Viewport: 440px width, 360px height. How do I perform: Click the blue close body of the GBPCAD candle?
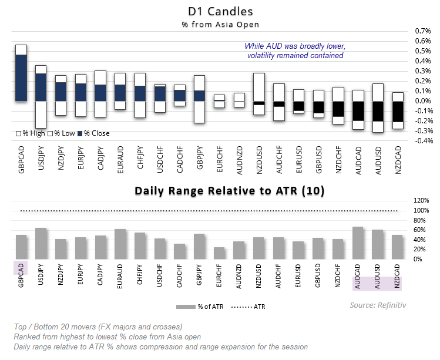pyautogui.click(x=21, y=78)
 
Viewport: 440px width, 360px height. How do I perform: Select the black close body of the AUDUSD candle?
pyautogui.click(x=378, y=111)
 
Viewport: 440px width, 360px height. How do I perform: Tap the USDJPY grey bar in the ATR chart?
pyautogui.click(x=41, y=244)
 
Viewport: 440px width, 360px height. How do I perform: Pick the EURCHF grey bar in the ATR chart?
pyautogui.click(x=219, y=253)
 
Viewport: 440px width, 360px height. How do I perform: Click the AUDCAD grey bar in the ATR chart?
pyautogui.click(x=358, y=243)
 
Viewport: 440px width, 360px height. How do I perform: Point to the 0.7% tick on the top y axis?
pyautogui.click(x=422, y=31)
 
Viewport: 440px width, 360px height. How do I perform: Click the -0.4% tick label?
pyautogui.click(x=422, y=141)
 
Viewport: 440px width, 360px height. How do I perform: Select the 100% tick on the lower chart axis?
pyautogui.click(x=421, y=210)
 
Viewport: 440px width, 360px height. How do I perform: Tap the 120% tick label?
pyautogui.click(x=421, y=200)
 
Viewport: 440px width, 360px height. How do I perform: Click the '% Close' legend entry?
pyautogui.click(x=94, y=133)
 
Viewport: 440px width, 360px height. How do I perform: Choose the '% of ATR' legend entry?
pyautogui.click(x=200, y=307)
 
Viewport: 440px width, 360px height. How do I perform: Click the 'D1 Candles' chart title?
pyautogui.click(x=220, y=12)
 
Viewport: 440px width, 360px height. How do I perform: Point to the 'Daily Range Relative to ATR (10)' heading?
pyautogui.click(x=230, y=191)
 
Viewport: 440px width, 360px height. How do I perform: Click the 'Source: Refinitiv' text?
pyautogui.click(x=378, y=305)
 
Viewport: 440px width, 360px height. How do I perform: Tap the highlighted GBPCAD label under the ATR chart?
pyautogui.click(x=21, y=275)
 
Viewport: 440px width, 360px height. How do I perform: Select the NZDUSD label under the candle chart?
pyautogui.click(x=259, y=160)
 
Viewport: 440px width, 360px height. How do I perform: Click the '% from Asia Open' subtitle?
pyautogui.click(x=220, y=25)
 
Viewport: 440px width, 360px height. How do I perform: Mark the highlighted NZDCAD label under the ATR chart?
pyautogui.click(x=397, y=276)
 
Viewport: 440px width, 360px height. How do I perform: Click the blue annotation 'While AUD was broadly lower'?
pyautogui.click(x=295, y=46)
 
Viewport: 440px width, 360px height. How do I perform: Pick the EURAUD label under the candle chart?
pyautogui.click(x=120, y=160)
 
